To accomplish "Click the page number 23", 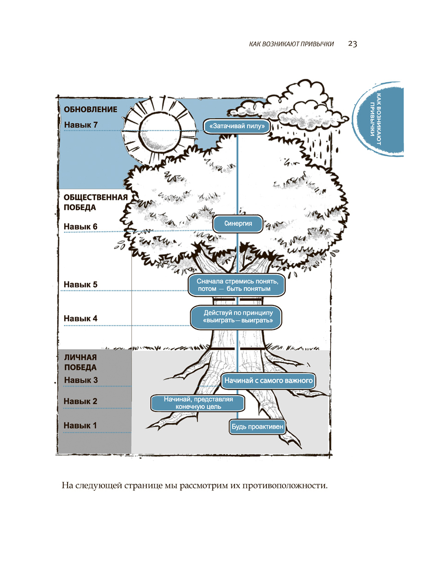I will pos(353,44).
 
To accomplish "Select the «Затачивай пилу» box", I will pos(238,126).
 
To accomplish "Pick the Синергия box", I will pos(237,224).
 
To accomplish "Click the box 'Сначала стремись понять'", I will pos(237,285).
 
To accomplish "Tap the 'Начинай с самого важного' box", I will pos(268,380).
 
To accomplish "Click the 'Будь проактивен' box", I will pos(258,427).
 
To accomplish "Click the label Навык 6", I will pos(80,227).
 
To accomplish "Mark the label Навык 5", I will pos(80,285).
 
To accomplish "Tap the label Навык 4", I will pos(80,318).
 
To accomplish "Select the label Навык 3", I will pos(80,380).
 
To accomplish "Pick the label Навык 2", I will pos(80,402).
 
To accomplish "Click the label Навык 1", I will pos(80,426).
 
